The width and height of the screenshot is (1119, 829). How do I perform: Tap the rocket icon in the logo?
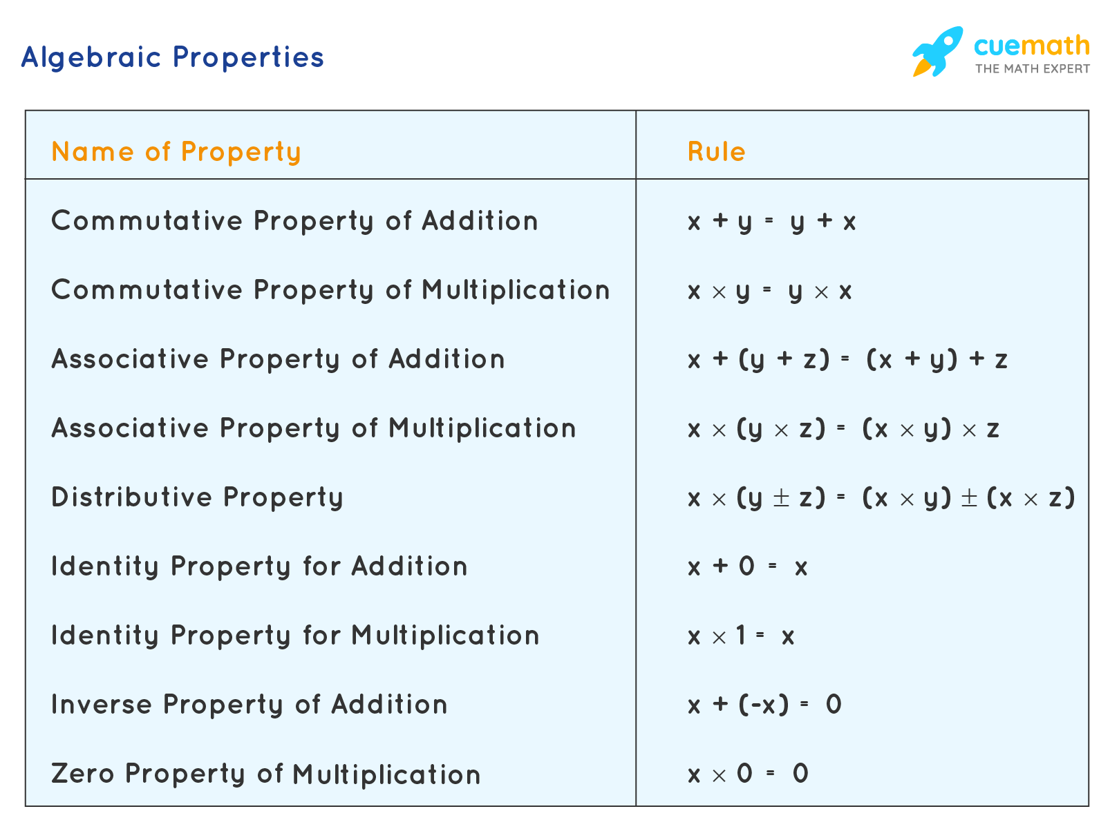[x=937, y=51]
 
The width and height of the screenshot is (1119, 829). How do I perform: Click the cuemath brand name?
[x=1031, y=46]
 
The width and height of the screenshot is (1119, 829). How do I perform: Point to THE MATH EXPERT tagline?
[x=1032, y=68]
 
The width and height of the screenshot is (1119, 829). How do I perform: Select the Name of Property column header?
[x=176, y=152]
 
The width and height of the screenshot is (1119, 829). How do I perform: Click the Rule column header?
[x=717, y=152]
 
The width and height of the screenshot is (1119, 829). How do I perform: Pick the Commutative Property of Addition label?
[x=294, y=221]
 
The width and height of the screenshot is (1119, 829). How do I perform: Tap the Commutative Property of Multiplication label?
[x=330, y=290]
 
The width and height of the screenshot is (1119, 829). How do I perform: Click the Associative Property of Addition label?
[x=278, y=359]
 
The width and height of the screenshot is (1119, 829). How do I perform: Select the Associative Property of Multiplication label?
[x=313, y=428]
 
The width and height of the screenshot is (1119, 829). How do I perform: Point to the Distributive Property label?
[x=197, y=497]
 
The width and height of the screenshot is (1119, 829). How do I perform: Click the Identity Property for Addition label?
[x=259, y=566]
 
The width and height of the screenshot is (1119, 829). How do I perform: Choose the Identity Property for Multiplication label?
[x=295, y=636]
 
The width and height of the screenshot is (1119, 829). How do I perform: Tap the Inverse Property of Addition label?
[x=250, y=705]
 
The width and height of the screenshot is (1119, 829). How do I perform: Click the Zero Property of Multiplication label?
[x=265, y=774]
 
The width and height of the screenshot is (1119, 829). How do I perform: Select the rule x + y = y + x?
[x=772, y=221]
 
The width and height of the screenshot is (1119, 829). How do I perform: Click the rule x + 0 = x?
[x=748, y=566]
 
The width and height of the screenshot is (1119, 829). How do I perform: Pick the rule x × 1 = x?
[x=741, y=636]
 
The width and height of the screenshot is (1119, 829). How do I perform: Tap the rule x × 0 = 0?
[x=748, y=774]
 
